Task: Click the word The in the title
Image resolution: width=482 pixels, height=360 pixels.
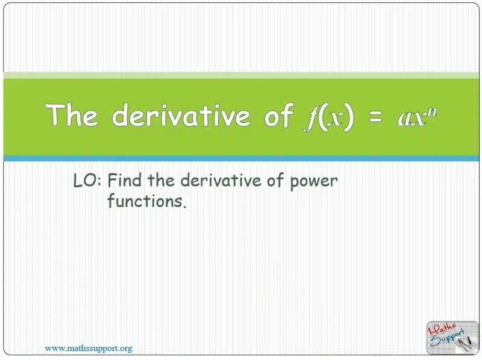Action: pyautogui.click(x=72, y=114)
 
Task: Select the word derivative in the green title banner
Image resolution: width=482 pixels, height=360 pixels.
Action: pyautogui.click(x=181, y=114)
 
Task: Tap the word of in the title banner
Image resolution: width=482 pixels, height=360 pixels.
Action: pyautogui.click(x=279, y=114)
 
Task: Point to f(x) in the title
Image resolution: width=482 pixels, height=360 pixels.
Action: pyautogui.click(x=329, y=117)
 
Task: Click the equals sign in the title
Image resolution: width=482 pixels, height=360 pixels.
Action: pyautogui.click(x=375, y=117)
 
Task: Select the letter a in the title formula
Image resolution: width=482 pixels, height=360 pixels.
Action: pyautogui.click(x=404, y=120)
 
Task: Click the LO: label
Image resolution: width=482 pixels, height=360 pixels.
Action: pyautogui.click(x=87, y=181)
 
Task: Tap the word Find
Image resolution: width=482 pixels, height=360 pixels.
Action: pyautogui.click(x=125, y=180)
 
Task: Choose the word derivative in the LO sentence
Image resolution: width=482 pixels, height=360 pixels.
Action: pyautogui.click(x=221, y=180)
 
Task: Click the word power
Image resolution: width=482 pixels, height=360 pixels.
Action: pyautogui.click(x=314, y=182)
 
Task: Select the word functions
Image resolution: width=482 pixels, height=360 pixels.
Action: pyautogui.click(x=146, y=200)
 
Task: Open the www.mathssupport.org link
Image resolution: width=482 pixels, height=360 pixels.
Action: pyautogui.click(x=89, y=349)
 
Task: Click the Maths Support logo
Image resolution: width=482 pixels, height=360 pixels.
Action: pyautogui.click(x=452, y=337)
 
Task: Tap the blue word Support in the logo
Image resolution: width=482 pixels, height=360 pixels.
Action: pyautogui.click(x=447, y=338)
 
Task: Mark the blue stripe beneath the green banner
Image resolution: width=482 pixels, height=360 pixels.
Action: pyautogui.click(x=241, y=158)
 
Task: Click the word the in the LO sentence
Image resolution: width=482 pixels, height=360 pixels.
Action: pyautogui.click(x=161, y=180)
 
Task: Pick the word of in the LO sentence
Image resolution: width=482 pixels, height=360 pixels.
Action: pyautogui.click(x=275, y=180)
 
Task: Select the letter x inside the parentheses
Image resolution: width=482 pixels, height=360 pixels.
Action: pyautogui.click(x=334, y=119)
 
